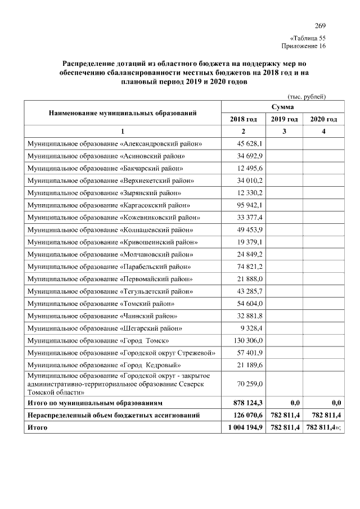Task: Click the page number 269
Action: click(x=319, y=26)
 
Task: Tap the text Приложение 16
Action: click(x=303, y=46)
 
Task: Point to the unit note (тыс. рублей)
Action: click(x=307, y=96)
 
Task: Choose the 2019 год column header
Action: click(x=284, y=119)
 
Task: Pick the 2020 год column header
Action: click(x=323, y=119)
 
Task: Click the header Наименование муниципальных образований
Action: click(x=123, y=113)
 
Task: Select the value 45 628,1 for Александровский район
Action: click(x=243, y=143)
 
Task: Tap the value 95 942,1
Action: click(x=243, y=205)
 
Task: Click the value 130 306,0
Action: click(x=243, y=340)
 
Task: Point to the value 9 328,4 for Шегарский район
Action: click(x=243, y=328)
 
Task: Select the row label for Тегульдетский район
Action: click(x=110, y=291)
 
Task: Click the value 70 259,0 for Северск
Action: click(x=243, y=384)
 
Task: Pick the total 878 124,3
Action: click(x=243, y=403)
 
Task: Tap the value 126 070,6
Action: click(x=243, y=416)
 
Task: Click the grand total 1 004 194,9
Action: click(x=243, y=428)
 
